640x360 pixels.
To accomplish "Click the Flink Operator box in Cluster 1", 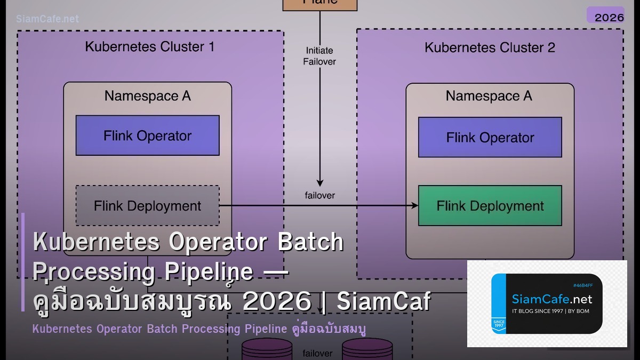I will pyautogui.click(x=147, y=135).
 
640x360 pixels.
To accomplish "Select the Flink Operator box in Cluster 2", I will pyautogui.click(x=490, y=138).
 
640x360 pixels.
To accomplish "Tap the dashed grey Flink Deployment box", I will pyautogui.click(x=147, y=206).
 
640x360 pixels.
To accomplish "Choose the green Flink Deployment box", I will pyautogui.click(x=490, y=206).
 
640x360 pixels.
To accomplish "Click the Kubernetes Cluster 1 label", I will pyautogui.click(x=149, y=47).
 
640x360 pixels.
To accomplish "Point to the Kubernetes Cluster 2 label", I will pyautogui.click(x=490, y=47).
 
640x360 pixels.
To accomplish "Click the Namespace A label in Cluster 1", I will pyautogui.click(x=147, y=96).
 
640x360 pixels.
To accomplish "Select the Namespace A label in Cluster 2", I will pyautogui.click(x=489, y=96).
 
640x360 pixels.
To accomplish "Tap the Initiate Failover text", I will pyautogui.click(x=319, y=56).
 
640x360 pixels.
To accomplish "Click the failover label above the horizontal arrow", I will pyautogui.click(x=319, y=195).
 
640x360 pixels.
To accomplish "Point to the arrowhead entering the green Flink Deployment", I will pyautogui.click(x=414, y=206).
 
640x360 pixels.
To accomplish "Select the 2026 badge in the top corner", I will pyautogui.click(x=609, y=17).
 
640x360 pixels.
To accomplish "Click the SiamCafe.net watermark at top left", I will pyautogui.click(x=47, y=19).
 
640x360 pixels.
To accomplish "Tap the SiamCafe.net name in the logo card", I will pyautogui.click(x=551, y=299).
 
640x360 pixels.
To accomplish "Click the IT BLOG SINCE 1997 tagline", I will pyautogui.click(x=550, y=311).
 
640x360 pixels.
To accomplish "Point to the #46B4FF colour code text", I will pyautogui.click(x=586, y=285).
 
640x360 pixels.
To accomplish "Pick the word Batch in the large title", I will pyautogui.click(x=311, y=242).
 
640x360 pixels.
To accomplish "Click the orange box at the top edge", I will pyautogui.click(x=320, y=4).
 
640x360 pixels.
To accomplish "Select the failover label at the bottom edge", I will pyautogui.click(x=318, y=353).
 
